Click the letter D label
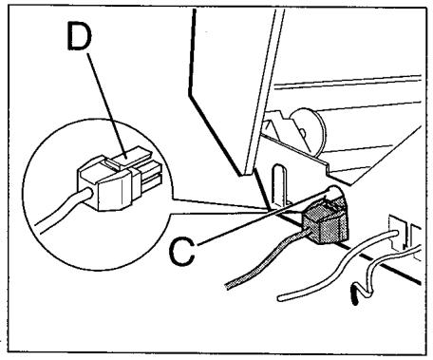click(80, 37)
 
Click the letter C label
click(182, 252)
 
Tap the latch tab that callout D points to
click(132, 157)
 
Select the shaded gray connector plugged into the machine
click(326, 219)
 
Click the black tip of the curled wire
click(355, 294)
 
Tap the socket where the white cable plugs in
click(396, 231)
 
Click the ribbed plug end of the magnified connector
click(150, 177)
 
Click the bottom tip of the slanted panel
click(246, 174)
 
